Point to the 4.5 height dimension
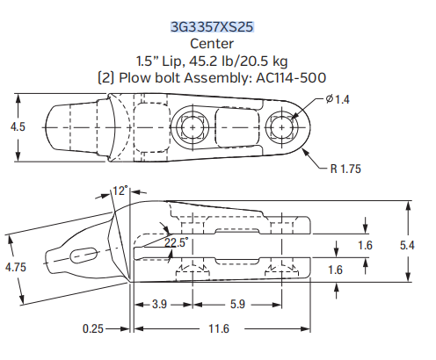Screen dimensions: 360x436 point(18,127)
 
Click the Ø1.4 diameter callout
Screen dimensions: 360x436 point(338,99)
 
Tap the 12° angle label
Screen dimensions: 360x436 point(120,190)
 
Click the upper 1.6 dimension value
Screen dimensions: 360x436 point(366,243)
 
